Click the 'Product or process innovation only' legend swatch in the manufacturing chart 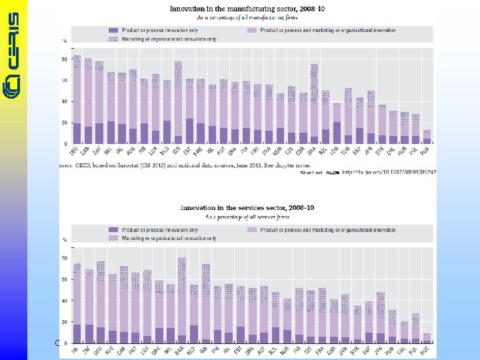tap(113, 31)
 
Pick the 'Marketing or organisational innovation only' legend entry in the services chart tap(113, 237)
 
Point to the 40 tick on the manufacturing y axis tap(65, 101)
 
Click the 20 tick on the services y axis tap(65, 321)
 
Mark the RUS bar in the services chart tap(427, 338)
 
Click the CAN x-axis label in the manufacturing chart tap(89, 151)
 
